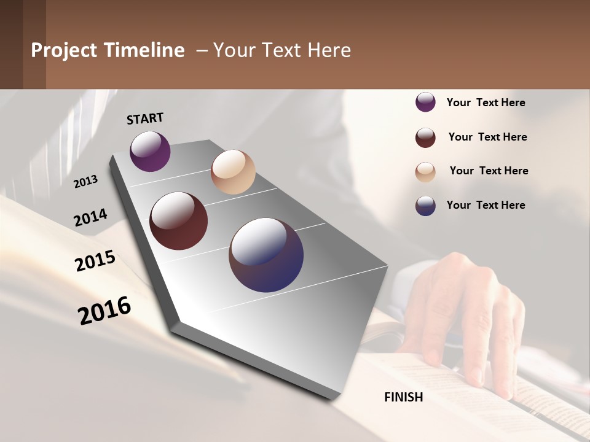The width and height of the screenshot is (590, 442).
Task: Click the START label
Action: (x=145, y=118)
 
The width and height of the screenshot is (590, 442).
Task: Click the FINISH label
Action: (x=404, y=397)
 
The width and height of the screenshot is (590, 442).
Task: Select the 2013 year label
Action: (x=86, y=182)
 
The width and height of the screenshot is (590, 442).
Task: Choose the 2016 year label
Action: (x=104, y=311)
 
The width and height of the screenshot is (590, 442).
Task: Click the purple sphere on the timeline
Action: (x=150, y=152)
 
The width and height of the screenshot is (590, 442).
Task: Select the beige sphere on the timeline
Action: (x=233, y=172)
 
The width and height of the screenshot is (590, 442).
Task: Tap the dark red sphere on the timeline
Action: (x=179, y=221)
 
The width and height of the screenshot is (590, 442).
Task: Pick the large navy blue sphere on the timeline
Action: (x=266, y=255)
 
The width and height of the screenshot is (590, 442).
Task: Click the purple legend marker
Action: (x=425, y=103)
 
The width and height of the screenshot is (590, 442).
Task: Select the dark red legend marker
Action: (x=425, y=138)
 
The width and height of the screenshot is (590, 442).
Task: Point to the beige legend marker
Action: (x=425, y=172)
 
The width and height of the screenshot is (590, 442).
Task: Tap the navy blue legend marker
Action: (x=425, y=206)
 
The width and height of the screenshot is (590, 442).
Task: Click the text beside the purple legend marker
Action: (x=486, y=103)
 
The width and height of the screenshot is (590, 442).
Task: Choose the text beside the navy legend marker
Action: (x=486, y=205)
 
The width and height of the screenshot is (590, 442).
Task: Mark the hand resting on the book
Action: (x=467, y=307)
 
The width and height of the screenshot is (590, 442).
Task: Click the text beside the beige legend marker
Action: (x=489, y=171)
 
